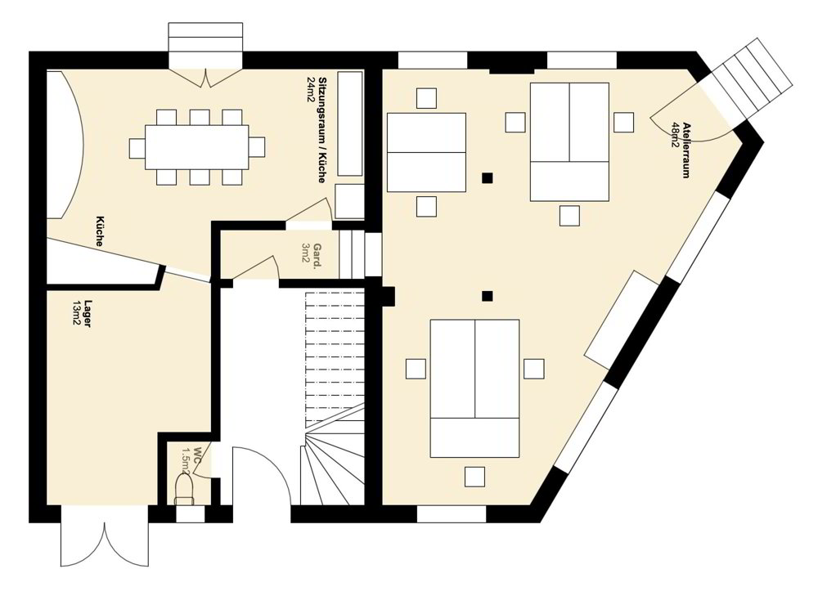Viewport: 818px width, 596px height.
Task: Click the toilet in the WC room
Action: point(184,489)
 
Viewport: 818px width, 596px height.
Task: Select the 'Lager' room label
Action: point(88,313)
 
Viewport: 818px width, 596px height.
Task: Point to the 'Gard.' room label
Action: point(317,257)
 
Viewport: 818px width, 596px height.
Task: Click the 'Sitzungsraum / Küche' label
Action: point(321,130)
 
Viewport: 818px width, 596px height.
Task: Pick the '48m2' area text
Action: point(675,136)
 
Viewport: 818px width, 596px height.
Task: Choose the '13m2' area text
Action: point(76,313)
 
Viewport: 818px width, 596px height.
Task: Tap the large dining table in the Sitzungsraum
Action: point(196,147)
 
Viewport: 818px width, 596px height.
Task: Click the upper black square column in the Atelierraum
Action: point(487,178)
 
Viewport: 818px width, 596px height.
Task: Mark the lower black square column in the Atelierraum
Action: point(487,296)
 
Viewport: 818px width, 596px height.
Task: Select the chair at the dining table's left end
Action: point(137,147)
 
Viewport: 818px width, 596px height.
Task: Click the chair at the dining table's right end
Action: point(256,147)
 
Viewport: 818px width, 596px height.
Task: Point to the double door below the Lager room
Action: point(105,536)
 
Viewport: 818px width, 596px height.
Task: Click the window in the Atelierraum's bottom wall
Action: point(452,515)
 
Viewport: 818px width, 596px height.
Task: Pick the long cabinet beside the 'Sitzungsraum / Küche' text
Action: point(349,123)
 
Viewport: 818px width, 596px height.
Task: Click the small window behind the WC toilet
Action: point(191,515)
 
